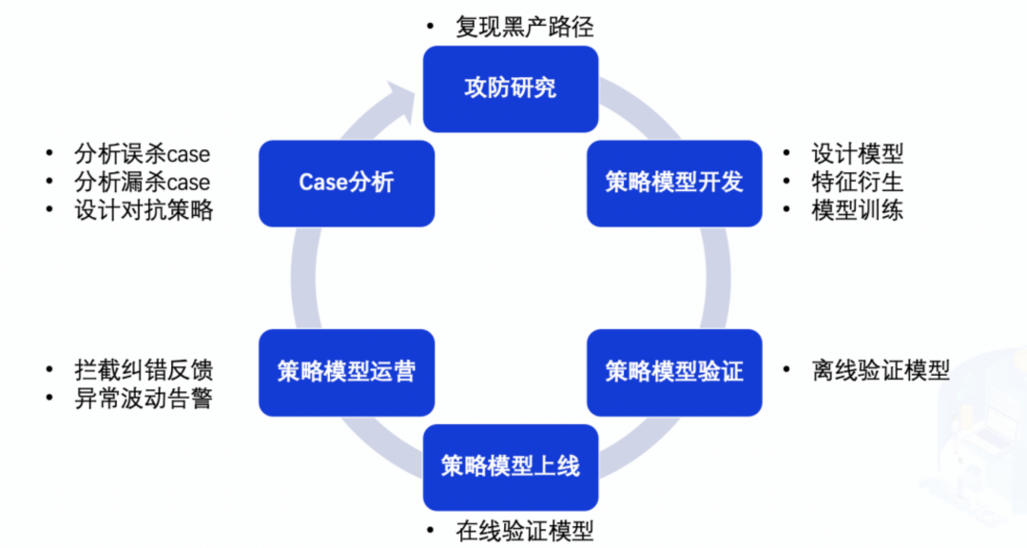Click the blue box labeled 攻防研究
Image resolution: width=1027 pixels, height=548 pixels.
click(x=511, y=88)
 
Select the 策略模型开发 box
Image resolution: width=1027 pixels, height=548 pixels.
click(x=674, y=183)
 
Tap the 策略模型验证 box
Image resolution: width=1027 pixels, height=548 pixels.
click(x=674, y=371)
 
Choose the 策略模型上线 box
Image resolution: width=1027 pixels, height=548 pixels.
click(x=511, y=466)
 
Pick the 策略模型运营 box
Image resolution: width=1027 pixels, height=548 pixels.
click(x=346, y=371)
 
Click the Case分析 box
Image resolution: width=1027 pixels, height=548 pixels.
click(x=346, y=183)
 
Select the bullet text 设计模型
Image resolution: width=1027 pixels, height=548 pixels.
click(x=857, y=153)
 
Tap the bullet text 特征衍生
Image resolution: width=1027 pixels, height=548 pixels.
click(x=857, y=181)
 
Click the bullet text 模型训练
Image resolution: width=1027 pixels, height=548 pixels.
click(x=857, y=209)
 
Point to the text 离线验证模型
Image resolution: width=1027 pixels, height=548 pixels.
click(x=881, y=369)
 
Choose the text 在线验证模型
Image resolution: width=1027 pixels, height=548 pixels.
click(x=524, y=531)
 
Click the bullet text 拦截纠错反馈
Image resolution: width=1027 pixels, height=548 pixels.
click(x=144, y=369)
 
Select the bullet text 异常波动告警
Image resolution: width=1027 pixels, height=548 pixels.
click(x=144, y=398)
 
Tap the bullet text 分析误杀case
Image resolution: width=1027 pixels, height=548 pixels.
click(x=142, y=153)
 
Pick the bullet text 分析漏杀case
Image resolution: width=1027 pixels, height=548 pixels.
click(x=142, y=181)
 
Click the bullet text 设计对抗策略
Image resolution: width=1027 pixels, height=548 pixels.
click(x=144, y=209)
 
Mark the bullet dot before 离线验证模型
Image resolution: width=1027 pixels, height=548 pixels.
click(x=786, y=369)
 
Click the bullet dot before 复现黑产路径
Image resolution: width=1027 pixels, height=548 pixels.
click(x=431, y=26)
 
